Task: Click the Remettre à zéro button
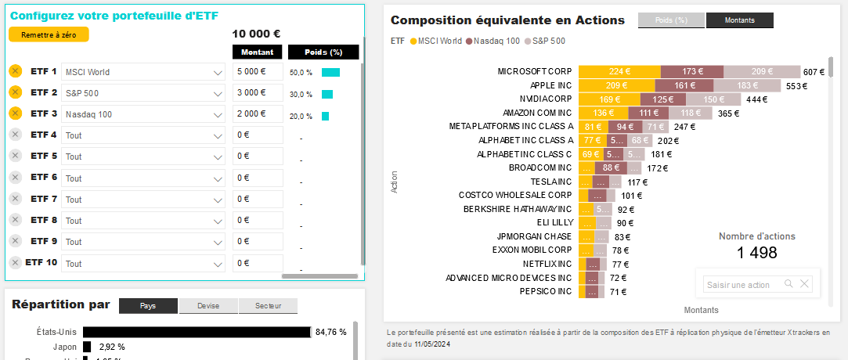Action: point(49,34)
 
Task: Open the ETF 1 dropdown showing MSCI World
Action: point(144,72)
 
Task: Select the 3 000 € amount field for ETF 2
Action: point(258,93)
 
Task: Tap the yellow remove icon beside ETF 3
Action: point(15,113)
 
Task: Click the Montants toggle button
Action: point(739,21)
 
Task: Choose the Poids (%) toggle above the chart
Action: point(671,21)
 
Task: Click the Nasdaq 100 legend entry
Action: point(493,41)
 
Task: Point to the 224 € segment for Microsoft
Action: point(619,71)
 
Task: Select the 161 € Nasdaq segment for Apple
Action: point(684,85)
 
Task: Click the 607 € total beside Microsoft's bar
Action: point(814,72)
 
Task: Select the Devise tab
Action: point(208,306)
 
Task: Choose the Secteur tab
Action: point(268,306)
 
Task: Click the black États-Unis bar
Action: point(197,332)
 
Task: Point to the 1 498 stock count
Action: point(757,253)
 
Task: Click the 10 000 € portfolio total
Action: point(256,34)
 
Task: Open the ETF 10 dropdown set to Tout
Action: point(144,263)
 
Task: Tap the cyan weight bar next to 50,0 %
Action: point(330,72)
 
